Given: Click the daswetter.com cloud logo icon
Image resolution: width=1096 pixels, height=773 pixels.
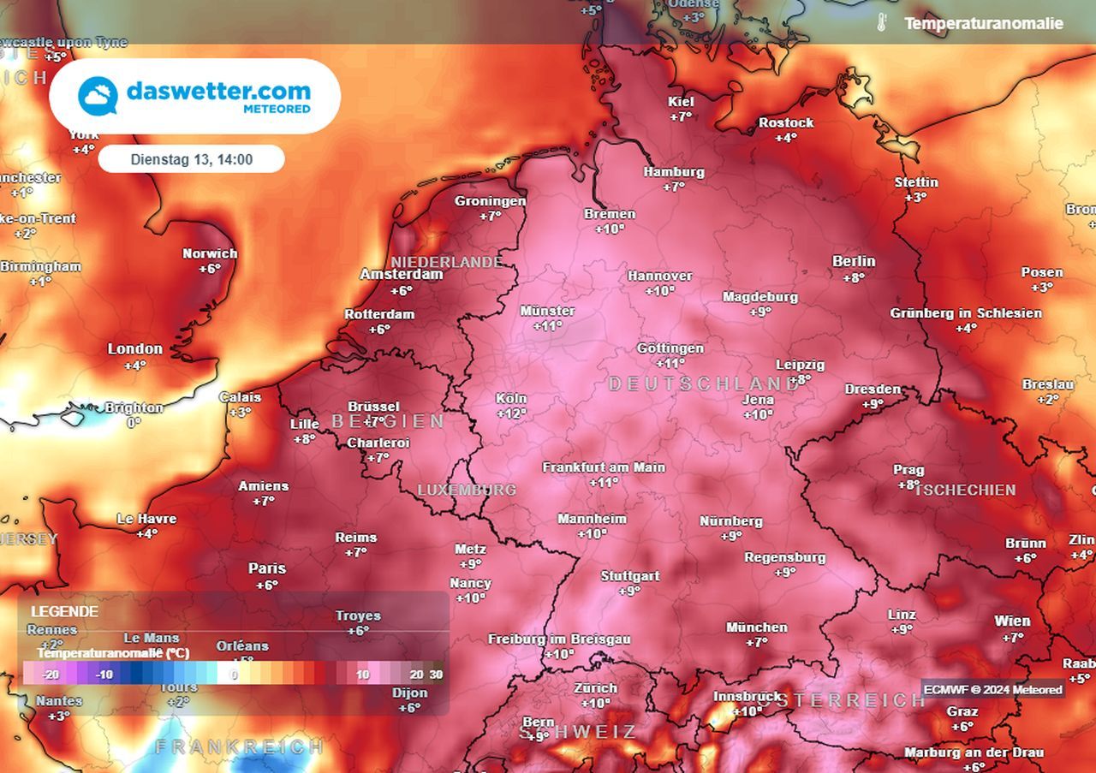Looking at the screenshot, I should [98, 95].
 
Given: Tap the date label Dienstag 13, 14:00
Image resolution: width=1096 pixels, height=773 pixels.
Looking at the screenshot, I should [191, 159].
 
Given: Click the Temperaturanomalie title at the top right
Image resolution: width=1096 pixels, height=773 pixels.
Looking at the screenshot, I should [984, 24].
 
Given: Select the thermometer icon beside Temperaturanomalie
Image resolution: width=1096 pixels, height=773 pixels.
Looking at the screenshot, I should [881, 23].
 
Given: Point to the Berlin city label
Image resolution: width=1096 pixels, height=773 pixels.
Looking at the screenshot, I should [854, 261].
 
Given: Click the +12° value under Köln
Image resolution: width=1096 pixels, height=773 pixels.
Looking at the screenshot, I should [511, 413].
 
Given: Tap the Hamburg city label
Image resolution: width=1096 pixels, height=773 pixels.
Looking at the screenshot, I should [674, 172].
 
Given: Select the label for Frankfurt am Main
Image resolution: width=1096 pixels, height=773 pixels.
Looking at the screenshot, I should [604, 467].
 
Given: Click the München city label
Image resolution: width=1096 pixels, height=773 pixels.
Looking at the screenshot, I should [757, 627].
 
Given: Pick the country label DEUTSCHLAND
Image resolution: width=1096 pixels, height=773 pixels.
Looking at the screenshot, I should [704, 384].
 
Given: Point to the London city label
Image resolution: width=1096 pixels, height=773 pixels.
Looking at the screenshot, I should [134, 349].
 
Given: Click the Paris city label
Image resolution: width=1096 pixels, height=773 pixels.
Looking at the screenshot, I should [267, 568].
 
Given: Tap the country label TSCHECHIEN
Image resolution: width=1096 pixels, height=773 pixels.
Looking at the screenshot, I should [965, 490].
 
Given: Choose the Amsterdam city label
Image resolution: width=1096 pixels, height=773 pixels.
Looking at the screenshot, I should [402, 275].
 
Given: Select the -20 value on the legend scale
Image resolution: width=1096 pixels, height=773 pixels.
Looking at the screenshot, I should [51, 675].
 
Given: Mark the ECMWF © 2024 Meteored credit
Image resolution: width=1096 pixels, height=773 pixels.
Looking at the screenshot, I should [993, 689].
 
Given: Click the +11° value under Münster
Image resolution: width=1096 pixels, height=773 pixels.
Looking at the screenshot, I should [547, 325].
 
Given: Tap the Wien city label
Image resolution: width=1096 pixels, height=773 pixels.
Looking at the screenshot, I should [1012, 621].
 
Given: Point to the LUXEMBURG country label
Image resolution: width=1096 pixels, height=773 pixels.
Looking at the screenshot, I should [467, 490].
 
